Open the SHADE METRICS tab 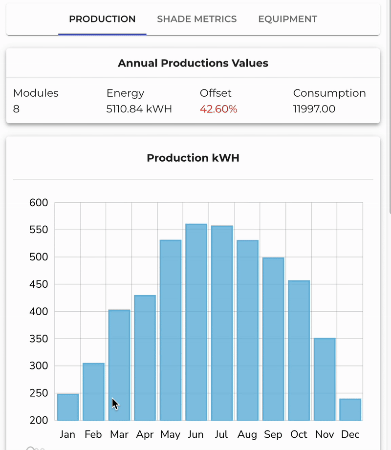196,19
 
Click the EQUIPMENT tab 287,19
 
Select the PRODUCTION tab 102,19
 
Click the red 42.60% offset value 218,109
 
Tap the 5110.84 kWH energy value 139,109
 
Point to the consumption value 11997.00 314,109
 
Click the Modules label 36,93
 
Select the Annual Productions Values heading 193,63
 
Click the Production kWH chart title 193,158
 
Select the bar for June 196,322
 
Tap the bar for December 350,409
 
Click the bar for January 68,407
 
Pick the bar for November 324,379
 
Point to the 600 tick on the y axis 38,203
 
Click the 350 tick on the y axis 38,339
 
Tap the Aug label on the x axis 247,434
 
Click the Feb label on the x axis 93,434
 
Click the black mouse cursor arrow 115,404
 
